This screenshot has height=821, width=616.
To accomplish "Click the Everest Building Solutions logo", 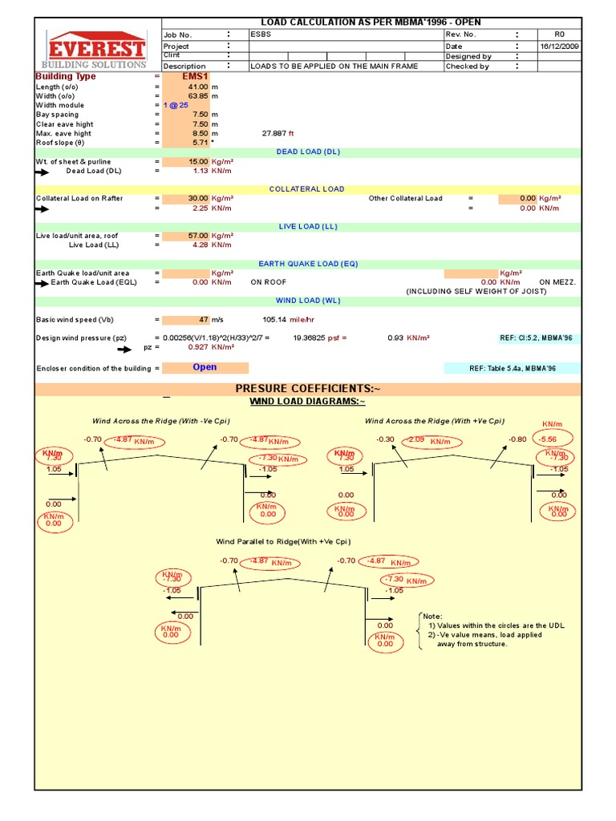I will pos(95,50).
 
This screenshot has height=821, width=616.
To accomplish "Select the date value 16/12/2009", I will pos(560,47).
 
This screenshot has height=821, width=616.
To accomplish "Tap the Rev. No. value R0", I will pos(560,35).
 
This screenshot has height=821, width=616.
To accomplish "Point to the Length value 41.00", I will pos(197,87).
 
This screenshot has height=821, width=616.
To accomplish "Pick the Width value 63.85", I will pos(197,96).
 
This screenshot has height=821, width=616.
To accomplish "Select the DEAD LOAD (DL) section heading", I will pos(309,152).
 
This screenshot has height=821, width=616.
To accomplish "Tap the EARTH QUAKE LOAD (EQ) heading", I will pos(308,264).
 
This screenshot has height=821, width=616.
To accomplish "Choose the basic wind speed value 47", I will pos(203,320).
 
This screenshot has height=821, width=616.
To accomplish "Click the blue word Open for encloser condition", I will pos(205,367).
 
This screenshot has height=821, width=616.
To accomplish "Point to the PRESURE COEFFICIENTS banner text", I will pos(308,389).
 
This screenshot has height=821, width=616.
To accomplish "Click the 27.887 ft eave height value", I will pos(279,134).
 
